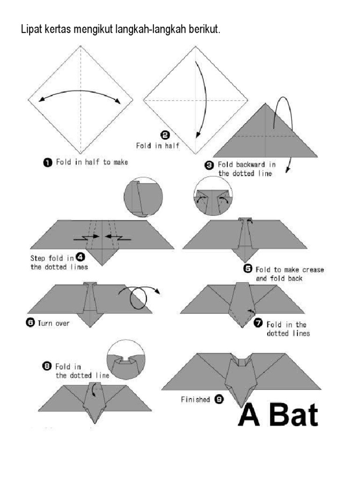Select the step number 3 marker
pos(209,165)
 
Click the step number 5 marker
pos(248,269)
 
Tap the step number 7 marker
pos(258,323)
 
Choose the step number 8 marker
pos(47,367)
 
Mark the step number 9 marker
pos(219,399)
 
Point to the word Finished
pos(195,400)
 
